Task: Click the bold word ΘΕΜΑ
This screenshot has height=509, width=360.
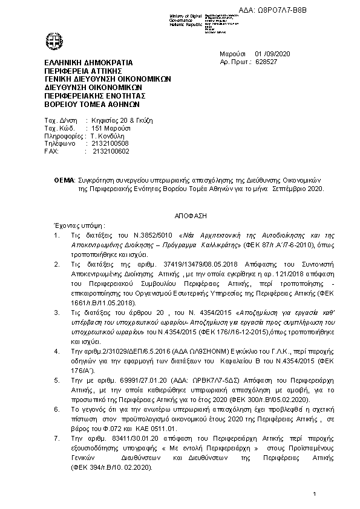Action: coord(64,181)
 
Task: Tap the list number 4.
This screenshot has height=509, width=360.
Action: coord(57,351)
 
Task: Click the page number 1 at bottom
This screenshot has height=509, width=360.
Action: coord(315,495)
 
